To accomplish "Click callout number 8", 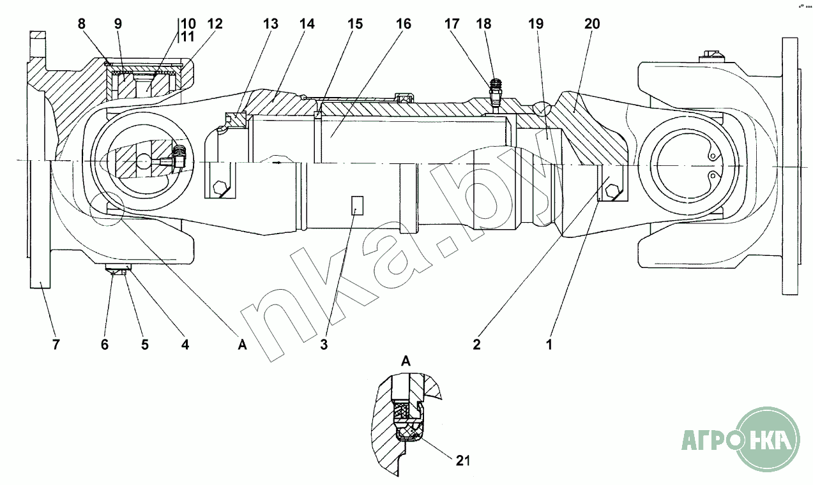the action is click(81, 24).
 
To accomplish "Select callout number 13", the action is click(271, 24).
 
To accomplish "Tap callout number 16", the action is click(403, 24).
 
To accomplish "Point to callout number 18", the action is click(483, 24).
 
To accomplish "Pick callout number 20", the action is click(592, 24).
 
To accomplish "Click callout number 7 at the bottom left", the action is click(56, 345).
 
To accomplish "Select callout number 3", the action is click(324, 345).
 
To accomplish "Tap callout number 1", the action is click(549, 345).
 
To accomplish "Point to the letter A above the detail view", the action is click(406, 361).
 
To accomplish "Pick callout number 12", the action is click(215, 24).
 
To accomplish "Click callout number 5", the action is click(145, 345).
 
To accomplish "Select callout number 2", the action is click(476, 345).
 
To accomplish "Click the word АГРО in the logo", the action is click(707, 440).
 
